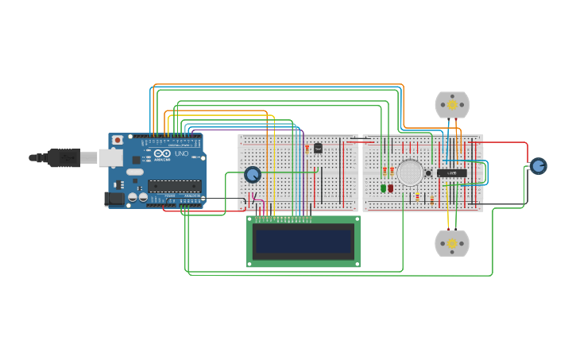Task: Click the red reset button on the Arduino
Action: (x=118, y=140)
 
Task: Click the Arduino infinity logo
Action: (x=161, y=153)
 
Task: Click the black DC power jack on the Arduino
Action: (x=114, y=199)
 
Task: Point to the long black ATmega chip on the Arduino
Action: (x=174, y=186)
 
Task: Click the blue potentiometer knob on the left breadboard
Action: (x=253, y=174)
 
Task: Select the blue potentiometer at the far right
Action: (x=538, y=165)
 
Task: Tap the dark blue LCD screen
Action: (x=303, y=240)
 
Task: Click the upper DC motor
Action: (x=452, y=105)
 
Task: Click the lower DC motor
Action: (x=452, y=243)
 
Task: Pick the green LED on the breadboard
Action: (x=383, y=188)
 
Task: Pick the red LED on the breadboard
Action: (x=391, y=188)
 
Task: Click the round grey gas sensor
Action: (x=410, y=172)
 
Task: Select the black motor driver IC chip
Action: (x=452, y=172)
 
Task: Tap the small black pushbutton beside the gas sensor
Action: (x=428, y=172)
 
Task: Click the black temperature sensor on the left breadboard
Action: (x=318, y=148)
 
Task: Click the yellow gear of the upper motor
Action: (x=452, y=105)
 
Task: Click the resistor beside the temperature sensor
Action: (x=307, y=148)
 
